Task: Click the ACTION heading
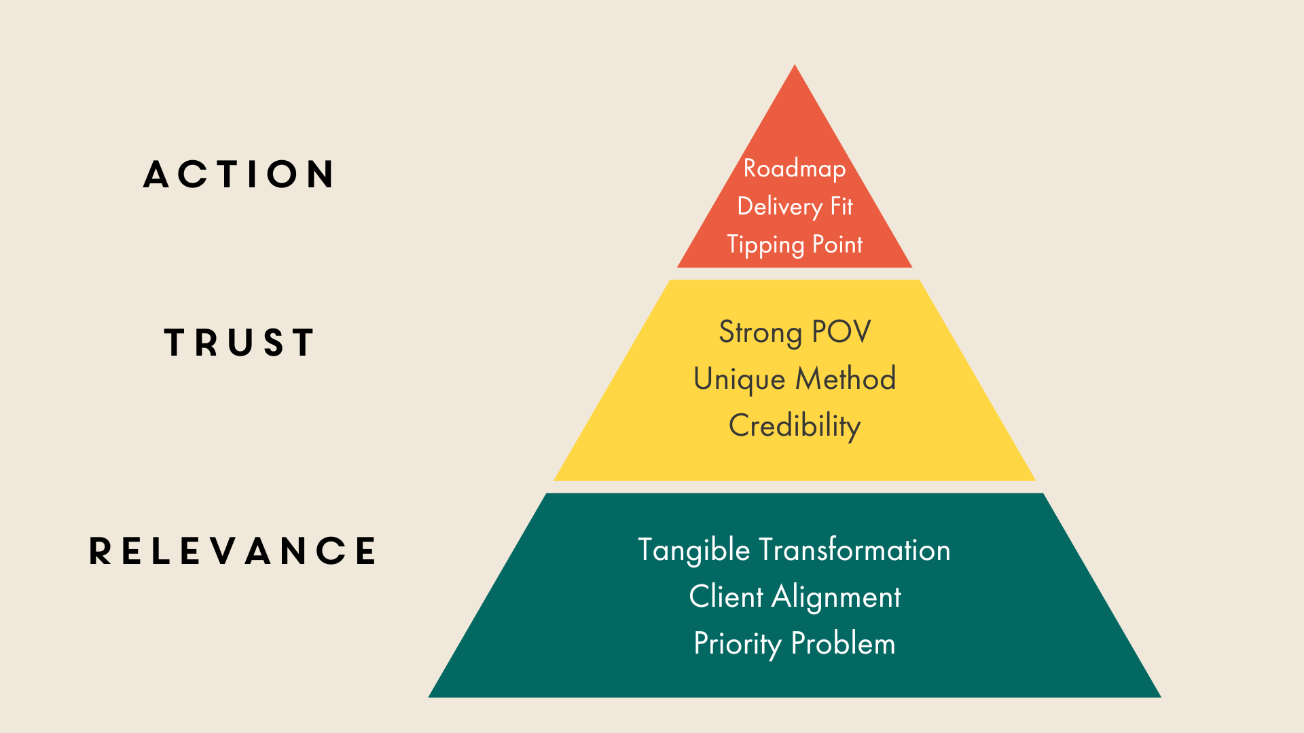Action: [239, 174]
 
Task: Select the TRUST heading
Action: [239, 342]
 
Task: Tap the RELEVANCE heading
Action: [233, 550]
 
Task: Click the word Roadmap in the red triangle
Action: [795, 168]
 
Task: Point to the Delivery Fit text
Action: [795, 206]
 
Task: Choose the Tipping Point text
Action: [795, 244]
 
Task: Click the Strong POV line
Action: [795, 332]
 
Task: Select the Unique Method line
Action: [795, 379]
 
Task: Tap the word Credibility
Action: [795, 426]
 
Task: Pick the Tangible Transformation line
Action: [794, 550]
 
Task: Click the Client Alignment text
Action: [795, 597]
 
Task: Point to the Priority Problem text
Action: [795, 643]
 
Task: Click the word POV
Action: [841, 332]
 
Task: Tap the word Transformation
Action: [854, 550]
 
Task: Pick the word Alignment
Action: [836, 597]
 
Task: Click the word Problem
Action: [843, 643]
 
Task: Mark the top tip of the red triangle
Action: [795, 67]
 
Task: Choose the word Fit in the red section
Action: [841, 206]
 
